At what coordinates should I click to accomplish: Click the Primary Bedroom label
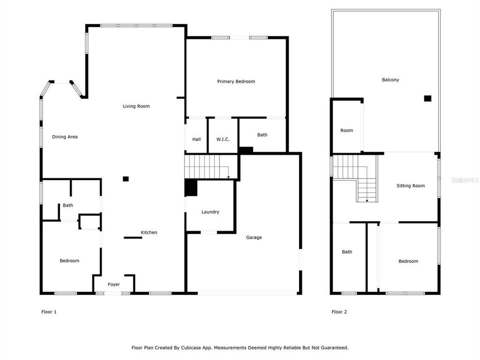pos(236,81)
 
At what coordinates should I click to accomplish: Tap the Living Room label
pos(136,106)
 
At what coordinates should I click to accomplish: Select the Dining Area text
pos(65,137)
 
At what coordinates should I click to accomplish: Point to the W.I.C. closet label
pos(223,139)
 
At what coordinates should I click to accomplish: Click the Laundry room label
pos(210,212)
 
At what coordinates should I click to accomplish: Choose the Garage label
pos(253,237)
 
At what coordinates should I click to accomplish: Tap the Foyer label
pos(114,284)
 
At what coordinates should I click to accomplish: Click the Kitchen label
pos(149,232)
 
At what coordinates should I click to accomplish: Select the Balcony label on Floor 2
pos(390,80)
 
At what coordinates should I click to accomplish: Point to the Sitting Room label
pos(410,186)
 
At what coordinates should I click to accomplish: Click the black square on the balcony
pos(427,98)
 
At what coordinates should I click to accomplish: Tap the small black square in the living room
pos(126,178)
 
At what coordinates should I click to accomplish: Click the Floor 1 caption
pos(48,312)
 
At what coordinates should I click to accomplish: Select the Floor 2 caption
pos(339,312)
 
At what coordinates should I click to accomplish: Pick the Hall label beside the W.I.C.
pos(196,139)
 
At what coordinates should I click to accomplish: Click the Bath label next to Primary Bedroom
pos(262,135)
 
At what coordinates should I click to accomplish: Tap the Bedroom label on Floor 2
pos(408,261)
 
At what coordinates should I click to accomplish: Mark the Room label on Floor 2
pos(346,130)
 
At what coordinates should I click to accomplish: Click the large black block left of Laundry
pos(191,188)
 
